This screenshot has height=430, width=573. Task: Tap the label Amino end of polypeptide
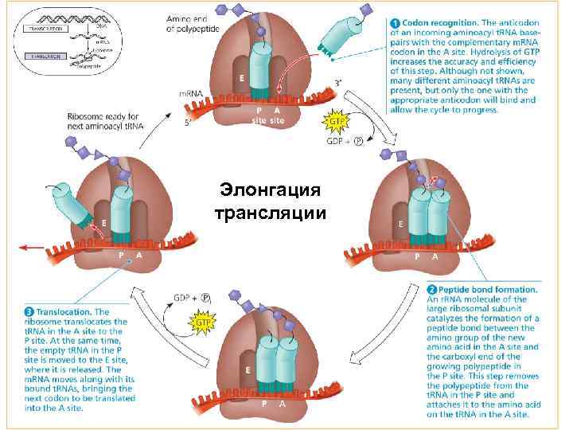(193, 23)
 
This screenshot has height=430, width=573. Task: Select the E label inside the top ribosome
(240, 79)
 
